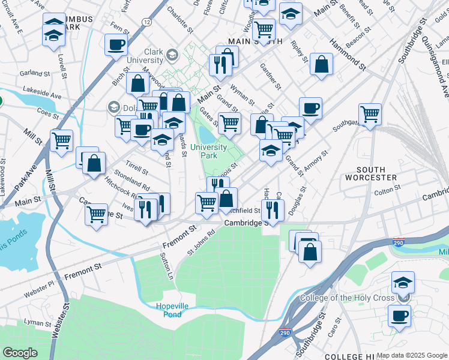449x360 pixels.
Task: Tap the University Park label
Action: coord(208,151)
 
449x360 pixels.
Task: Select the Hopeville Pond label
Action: coord(172,310)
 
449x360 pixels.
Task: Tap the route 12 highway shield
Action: coord(146,22)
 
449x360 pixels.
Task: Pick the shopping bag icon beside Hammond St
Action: coord(322,65)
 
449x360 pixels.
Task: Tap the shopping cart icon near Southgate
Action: coord(370,113)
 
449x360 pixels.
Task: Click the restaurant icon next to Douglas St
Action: coord(273,210)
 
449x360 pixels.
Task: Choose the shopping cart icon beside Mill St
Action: coord(62,141)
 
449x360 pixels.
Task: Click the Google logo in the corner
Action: coord(20,353)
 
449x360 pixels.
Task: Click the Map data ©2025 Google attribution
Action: coord(412,355)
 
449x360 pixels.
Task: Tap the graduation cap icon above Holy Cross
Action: coord(403,283)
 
